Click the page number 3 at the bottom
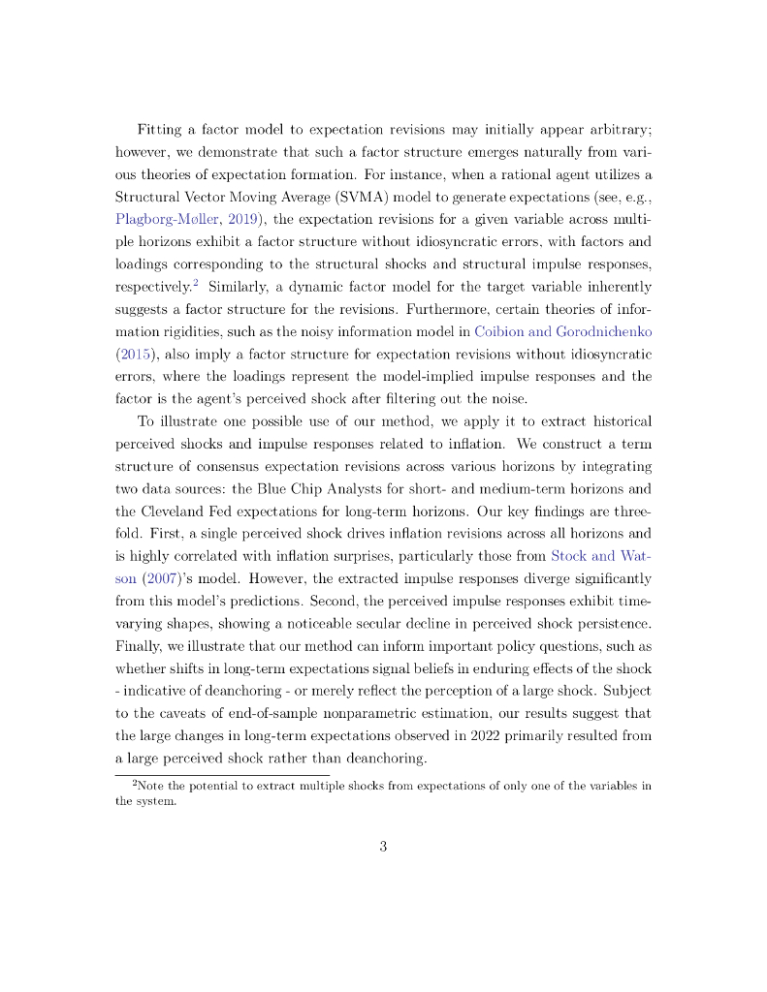pos(383,847)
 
